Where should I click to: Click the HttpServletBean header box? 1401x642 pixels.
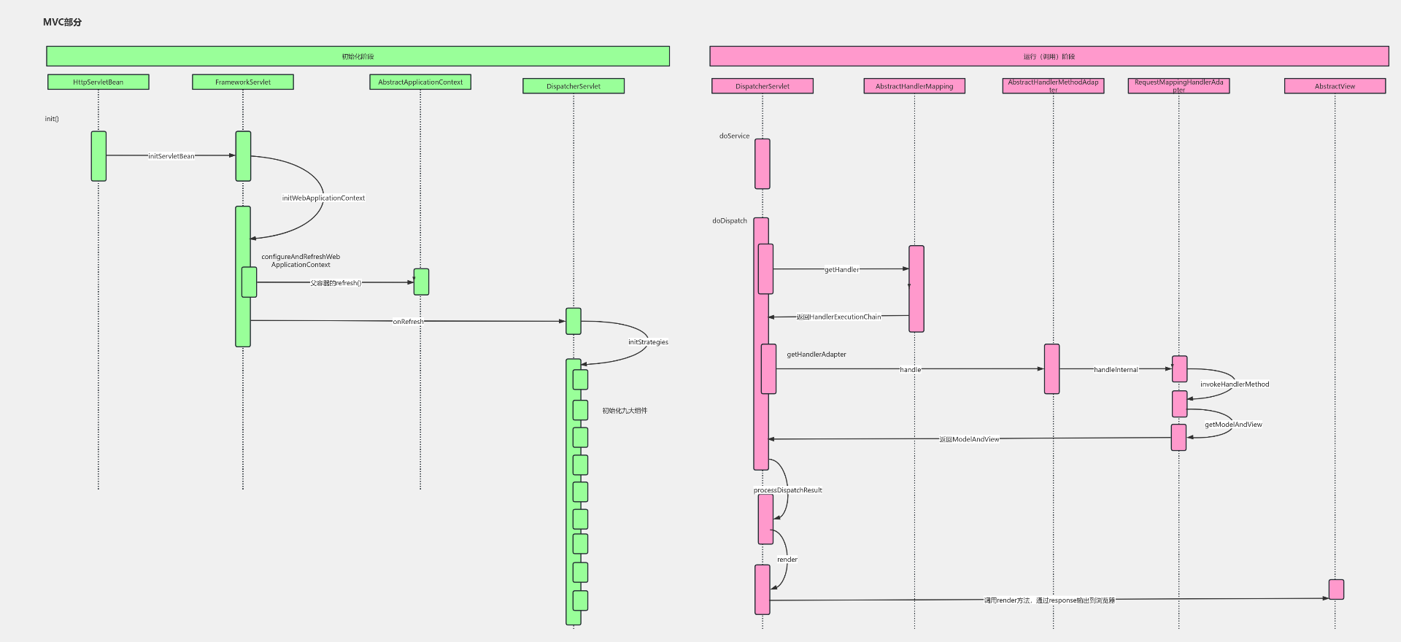[x=99, y=82]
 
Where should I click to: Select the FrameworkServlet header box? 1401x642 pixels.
[x=243, y=82]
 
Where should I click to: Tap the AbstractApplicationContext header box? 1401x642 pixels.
[x=420, y=82]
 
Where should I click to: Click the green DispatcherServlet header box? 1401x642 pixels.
[x=574, y=86]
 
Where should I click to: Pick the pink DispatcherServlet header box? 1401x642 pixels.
[x=763, y=86]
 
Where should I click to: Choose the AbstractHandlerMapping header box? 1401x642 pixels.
[x=914, y=86]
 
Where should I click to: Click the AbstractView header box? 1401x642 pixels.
[x=1335, y=86]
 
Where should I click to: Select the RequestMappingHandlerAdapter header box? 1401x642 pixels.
[x=1178, y=86]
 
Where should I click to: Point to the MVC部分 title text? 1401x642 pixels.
[x=63, y=23]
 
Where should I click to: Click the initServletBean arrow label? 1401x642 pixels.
[x=171, y=156]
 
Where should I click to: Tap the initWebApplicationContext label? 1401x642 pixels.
[x=323, y=198]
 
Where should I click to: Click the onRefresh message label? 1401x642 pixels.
[x=408, y=322]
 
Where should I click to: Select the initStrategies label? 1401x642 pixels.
[x=648, y=342]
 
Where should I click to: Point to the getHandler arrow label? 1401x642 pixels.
[x=841, y=270]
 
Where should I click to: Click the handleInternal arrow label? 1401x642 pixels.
[x=1116, y=370]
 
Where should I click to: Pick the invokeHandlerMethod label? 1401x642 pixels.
[x=1235, y=384]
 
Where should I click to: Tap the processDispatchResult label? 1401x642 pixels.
[x=788, y=490]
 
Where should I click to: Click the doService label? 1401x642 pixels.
[x=734, y=136]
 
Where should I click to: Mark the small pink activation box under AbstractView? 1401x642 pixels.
[x=1336, y=589]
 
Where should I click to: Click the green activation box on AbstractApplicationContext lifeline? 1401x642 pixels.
[x=421, y=282]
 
